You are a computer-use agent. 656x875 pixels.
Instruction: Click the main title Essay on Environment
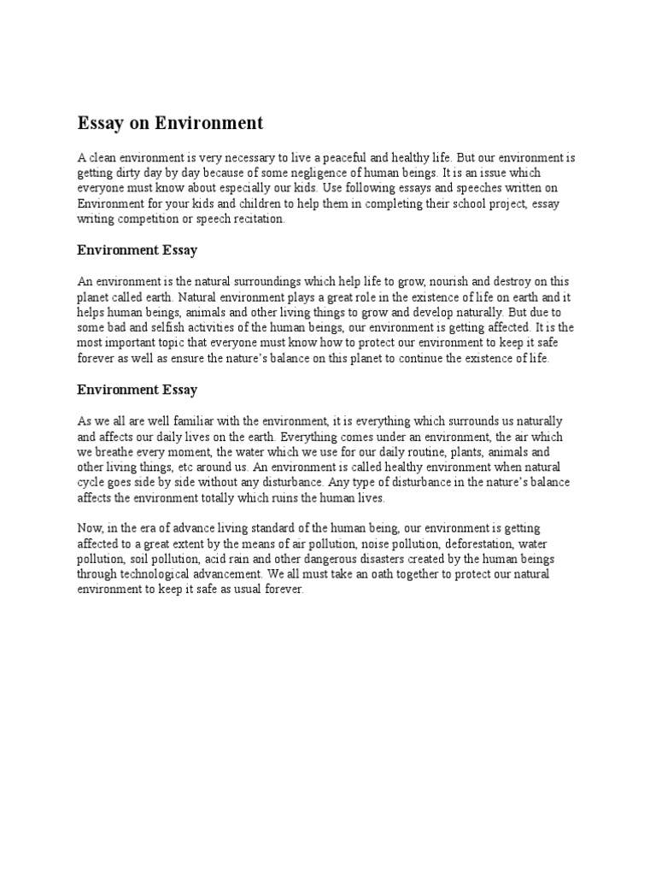(x=170, y=124)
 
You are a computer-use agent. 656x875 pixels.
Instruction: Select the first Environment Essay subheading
(x=137, y=250)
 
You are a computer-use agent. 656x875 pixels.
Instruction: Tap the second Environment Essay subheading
(x=137, y=390)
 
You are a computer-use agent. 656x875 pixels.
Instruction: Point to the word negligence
(x=335, y=173)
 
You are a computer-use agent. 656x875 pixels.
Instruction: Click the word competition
(x=149, y=220)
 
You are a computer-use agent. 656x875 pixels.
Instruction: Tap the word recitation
(x=255, y=220)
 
